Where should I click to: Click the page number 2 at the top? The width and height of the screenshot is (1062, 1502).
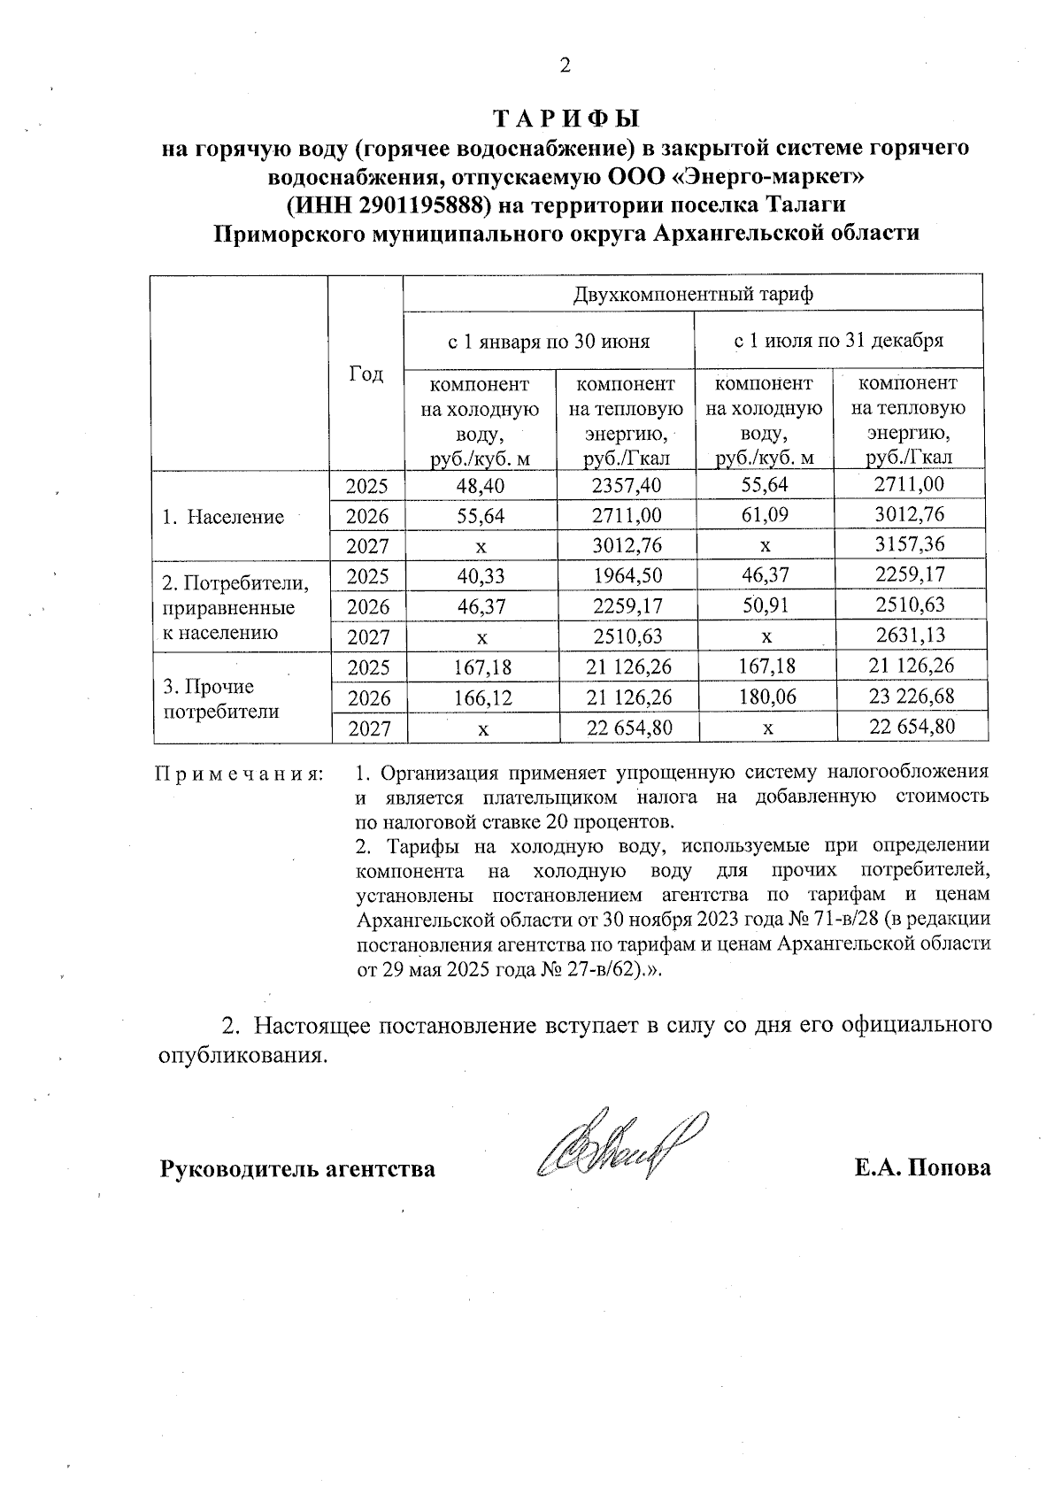[565, 65]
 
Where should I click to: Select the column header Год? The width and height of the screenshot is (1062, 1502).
[366, 374]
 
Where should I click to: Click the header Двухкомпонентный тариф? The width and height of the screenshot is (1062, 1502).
[693, 293]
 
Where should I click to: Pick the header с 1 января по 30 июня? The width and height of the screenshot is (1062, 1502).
[549, 341]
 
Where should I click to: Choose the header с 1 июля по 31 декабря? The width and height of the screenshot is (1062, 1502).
[838, 340]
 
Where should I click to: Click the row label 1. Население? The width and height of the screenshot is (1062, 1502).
[222, 517]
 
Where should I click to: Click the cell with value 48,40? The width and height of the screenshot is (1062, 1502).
[481, 485]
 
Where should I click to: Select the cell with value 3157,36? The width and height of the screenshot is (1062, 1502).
[909, 543]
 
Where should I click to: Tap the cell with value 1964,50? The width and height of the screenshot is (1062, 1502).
[627, 576]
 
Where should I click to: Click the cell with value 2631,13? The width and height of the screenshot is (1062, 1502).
[910, 635]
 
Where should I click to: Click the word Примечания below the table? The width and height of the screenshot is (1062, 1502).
[239, 774]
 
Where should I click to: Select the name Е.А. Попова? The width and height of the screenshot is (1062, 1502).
[922, 1168]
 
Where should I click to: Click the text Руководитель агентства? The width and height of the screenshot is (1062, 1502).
[297, 1169]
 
